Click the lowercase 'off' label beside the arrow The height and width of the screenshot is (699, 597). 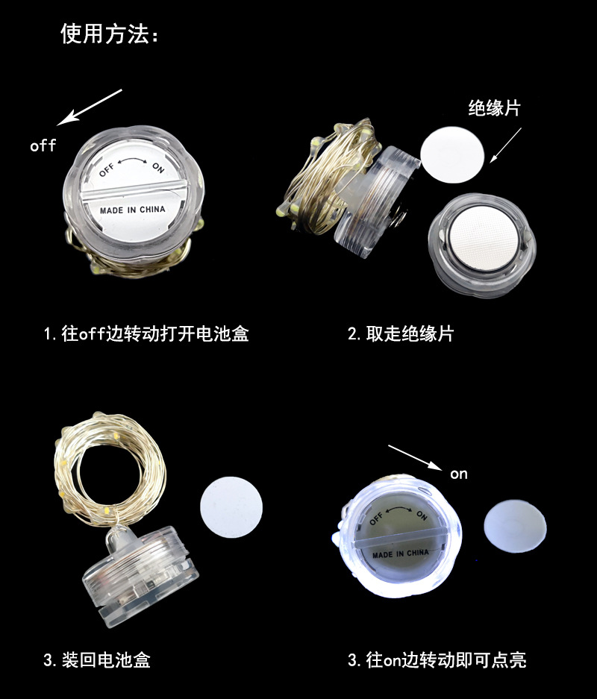(43, 145)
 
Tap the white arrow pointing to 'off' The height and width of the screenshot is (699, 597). (89, 107)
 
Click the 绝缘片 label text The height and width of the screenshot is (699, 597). (494, 108)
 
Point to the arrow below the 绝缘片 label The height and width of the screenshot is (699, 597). (506, 145)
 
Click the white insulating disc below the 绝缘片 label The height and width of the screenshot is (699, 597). (452, 154)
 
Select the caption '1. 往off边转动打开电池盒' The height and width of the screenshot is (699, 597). (146, 333)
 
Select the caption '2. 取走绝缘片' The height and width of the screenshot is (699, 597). (401, 333)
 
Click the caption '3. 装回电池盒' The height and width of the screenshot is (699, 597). (97, 659)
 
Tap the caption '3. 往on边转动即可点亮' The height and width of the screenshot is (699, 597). (437, 659)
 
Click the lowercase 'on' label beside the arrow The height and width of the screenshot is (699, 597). (459, 474)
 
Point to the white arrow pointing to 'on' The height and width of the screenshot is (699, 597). (415, 457)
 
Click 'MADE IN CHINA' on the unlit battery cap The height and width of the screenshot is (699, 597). (132, 210)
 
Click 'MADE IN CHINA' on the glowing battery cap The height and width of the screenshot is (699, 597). (401, 554)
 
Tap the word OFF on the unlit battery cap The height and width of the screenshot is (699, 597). (107, 169)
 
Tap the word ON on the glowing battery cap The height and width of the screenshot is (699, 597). (422, 515)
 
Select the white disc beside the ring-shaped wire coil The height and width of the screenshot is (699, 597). (231, 507)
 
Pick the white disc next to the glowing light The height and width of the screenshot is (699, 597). (515, 526)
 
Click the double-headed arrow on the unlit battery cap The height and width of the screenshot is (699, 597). (132, 160)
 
